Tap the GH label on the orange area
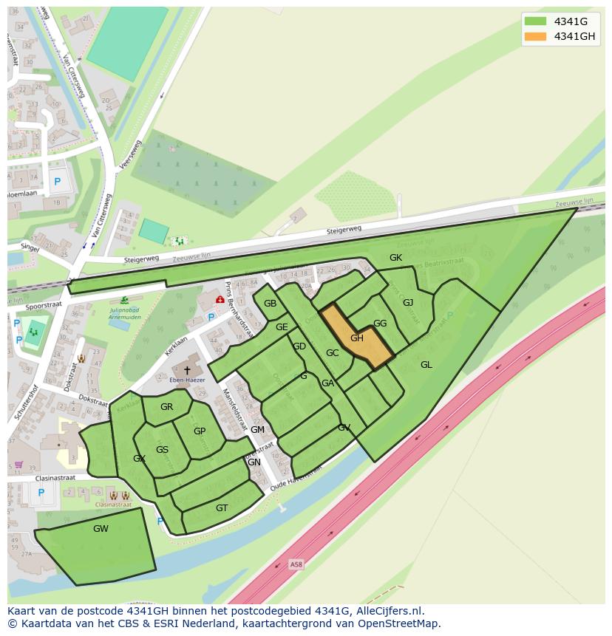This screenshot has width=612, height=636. click(x=357, y=338)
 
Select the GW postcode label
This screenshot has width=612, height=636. click(x=101, y=529)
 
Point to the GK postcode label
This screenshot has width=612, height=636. click(x=396, y=258)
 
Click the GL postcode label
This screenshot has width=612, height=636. click(x=426, y=365)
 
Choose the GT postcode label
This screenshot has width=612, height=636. click(x=222, y=507)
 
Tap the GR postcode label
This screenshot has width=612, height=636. click(x=166, y=407)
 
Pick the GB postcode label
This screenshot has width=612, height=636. click(x=271, y=304)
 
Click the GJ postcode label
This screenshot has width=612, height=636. click(x=408, y=302)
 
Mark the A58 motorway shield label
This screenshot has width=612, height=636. click(x=296, y=564)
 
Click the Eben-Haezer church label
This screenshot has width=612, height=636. click(x=188, y=380)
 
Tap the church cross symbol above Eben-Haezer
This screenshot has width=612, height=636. click(x=187, y=369)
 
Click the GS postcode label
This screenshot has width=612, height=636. click(x=162, y=450)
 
